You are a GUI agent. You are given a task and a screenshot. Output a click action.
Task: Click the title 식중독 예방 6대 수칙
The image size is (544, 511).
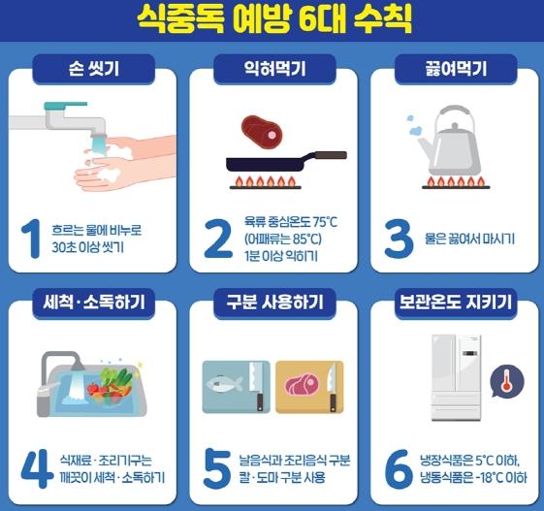[274, 19]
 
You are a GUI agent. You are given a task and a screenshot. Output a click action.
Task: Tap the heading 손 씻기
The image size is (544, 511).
[94, 69]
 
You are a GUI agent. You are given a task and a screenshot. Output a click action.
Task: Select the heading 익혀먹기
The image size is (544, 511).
[274, 69]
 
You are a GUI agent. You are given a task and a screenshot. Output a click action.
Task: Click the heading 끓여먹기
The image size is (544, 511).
[456, 69]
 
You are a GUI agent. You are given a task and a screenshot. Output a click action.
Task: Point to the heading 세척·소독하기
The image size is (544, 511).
[94, 303]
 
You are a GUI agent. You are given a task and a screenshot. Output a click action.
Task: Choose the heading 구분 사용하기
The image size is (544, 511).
[274, 302]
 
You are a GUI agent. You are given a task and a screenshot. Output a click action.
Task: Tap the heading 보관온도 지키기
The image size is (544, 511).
[456, 302]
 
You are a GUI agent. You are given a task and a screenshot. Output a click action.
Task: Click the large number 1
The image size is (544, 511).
[32, 239]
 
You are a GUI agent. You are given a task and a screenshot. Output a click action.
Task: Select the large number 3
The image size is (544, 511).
[399, 239]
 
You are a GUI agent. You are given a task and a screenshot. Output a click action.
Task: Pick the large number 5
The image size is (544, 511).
[217, 468]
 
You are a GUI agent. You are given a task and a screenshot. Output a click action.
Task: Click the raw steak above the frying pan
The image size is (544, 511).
[262, 132]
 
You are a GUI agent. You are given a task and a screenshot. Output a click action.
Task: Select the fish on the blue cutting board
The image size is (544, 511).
[224, 384]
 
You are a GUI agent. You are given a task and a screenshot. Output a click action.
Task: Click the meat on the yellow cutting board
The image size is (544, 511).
[302, 384]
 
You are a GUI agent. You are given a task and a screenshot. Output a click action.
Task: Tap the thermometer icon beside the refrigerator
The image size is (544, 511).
[507, 381]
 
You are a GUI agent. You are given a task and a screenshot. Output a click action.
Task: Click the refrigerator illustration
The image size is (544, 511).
[456, 378]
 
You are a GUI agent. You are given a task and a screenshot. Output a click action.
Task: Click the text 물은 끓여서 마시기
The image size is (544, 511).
[469, 240]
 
